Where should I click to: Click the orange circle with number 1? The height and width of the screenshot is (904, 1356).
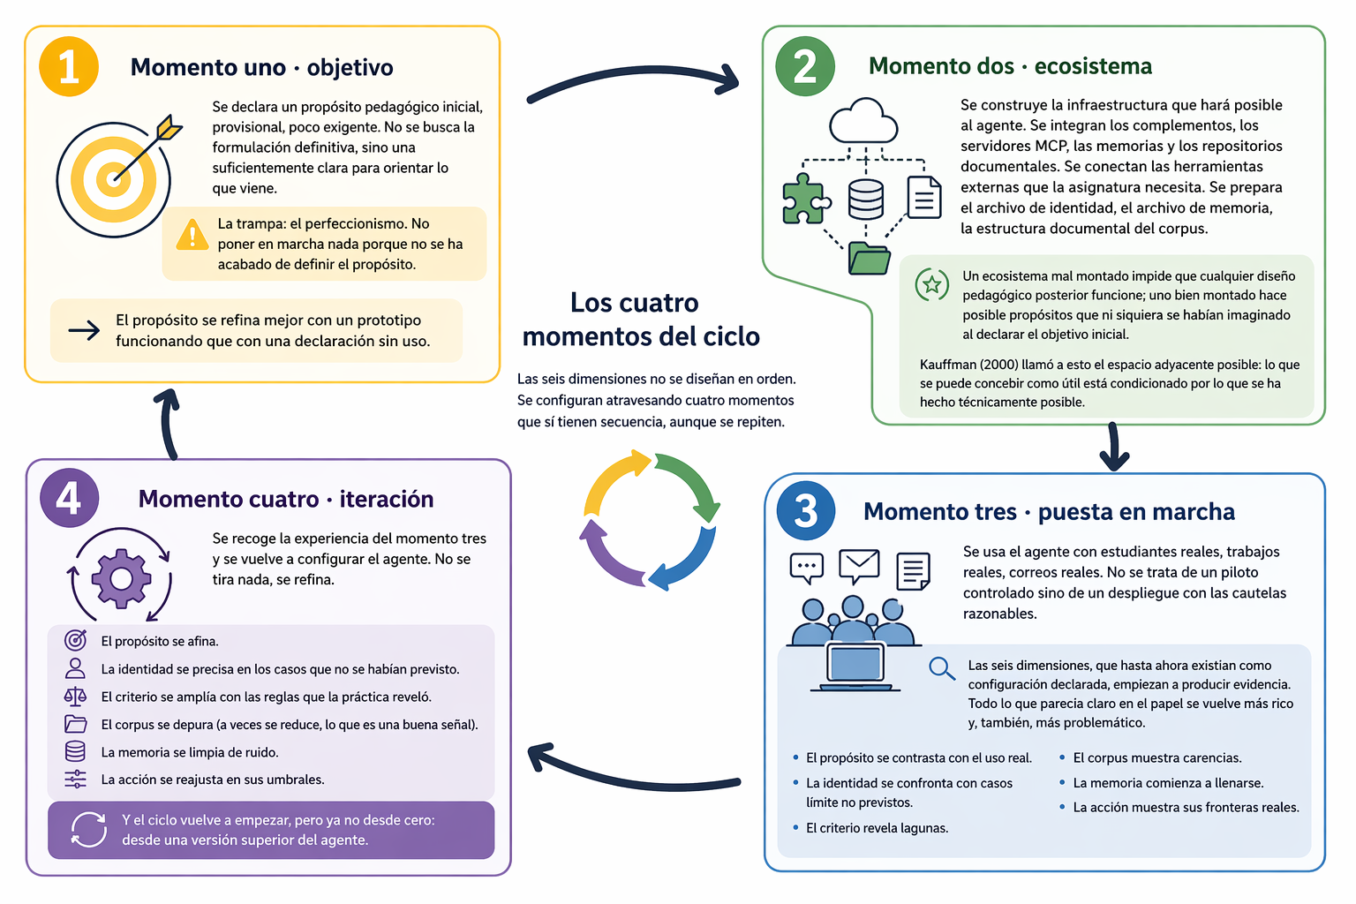pos(69,67)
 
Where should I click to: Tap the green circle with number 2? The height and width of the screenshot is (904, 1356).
pos(804,66)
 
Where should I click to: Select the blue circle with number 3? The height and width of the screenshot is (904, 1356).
pos(806,511)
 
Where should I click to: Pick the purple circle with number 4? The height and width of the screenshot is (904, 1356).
pos(69,498)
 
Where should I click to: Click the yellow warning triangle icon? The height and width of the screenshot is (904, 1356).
pos(192,234)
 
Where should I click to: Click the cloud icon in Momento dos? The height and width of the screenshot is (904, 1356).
pos(863,122)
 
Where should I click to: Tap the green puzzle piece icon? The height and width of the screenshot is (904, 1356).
pos(804,198)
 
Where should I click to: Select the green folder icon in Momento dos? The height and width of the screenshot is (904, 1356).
pos(869,258)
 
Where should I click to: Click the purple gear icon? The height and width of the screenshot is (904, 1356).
pos(121,578)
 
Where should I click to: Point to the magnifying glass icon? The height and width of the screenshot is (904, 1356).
pos(942,668)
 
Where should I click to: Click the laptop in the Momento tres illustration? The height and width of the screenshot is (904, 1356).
pos(855,667)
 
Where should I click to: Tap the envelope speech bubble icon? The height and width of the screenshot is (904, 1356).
pos(859,565)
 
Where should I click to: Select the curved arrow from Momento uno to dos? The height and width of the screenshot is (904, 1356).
pos(633,81)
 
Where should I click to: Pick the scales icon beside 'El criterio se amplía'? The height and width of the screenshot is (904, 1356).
pos(76,697)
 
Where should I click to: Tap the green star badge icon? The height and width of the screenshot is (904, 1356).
pos(931,284)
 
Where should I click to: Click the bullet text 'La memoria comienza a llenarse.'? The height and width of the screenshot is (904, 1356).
pos(1168,783)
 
